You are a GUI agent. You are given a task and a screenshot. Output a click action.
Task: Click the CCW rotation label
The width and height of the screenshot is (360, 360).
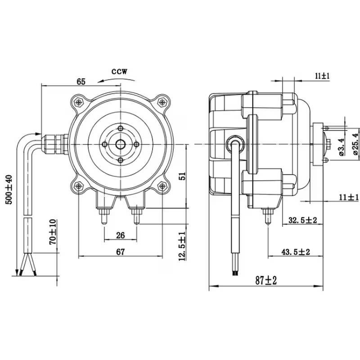click(119, 72)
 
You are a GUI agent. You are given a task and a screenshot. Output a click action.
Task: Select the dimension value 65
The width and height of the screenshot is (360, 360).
click(81, 81)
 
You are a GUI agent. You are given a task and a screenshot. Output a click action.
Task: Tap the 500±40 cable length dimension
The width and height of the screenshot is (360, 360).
click(9, 189)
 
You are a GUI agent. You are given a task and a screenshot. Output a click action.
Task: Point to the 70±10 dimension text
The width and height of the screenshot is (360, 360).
click(53, 232)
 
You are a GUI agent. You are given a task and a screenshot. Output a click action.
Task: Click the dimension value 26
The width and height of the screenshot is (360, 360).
click(120, 235)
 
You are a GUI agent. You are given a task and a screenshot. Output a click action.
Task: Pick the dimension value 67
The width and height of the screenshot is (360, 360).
click(120, 252)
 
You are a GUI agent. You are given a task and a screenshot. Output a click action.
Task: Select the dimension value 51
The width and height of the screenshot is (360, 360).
click(182, 176)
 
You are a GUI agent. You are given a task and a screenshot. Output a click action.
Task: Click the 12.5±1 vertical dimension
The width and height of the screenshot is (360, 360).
click(182, 246)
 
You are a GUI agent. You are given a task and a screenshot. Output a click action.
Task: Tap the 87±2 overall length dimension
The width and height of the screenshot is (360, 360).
click(266, 280)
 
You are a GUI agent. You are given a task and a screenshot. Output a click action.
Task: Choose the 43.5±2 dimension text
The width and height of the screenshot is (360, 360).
click(296, 252)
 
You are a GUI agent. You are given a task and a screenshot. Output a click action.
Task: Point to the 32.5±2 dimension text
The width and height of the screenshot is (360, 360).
click(302, 220)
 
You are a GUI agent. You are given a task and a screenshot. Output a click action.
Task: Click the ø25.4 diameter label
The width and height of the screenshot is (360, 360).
click(355, 144)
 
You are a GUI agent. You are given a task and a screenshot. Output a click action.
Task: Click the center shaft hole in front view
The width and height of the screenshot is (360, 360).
click(120, 144)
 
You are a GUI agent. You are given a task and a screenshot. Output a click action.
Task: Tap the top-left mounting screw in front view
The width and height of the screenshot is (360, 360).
click(79, 102)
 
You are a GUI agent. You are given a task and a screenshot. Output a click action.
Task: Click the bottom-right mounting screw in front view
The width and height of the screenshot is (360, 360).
click(162, 186)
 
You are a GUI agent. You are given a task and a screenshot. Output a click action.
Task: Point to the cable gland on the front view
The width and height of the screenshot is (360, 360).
click(55, 144)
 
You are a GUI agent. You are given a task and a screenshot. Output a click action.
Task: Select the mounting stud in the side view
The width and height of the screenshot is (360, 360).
click(268, 216)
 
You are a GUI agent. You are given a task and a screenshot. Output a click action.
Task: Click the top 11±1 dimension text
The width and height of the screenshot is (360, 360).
click(322, 76)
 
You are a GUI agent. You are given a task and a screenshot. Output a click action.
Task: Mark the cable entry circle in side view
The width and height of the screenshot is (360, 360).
click(235, 144)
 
